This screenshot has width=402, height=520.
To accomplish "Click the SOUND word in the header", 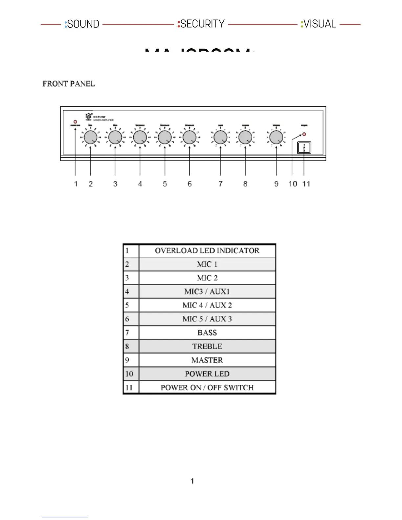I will point(83,24).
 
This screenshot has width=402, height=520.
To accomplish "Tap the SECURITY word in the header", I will point(202,24).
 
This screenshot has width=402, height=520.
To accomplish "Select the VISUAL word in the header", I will point(319,24).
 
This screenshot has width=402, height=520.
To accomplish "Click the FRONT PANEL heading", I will point(69,84).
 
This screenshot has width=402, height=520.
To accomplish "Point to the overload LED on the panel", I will point(75,122).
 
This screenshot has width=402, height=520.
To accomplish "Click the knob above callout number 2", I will point(90,137).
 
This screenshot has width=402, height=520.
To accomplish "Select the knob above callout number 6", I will point(190,137).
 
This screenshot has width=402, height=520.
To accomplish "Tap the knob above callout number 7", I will point(220,137).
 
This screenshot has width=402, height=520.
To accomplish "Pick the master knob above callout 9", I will point(276,137).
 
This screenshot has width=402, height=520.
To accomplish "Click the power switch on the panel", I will point(304,148).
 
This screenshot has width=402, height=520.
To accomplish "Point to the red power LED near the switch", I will point(304,134).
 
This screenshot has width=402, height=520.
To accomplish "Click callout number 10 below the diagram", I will point(293,184).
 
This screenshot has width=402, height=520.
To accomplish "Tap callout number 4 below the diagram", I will point(140,184).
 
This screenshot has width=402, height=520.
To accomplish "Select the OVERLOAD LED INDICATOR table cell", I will point(207,251).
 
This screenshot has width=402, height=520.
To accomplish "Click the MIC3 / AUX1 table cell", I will point(207,292).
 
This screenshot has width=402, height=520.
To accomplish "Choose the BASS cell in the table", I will point(207,333).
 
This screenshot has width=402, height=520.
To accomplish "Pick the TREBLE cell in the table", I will point(207,346).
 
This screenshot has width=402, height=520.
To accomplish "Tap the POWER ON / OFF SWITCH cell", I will point(207,387).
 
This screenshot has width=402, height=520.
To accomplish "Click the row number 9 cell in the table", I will point(131,360).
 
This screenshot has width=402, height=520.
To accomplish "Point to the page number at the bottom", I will point(192,481).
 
